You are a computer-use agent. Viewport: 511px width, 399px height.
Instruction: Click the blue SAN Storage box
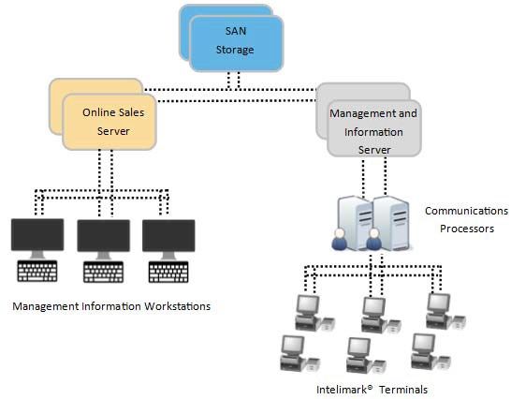236,44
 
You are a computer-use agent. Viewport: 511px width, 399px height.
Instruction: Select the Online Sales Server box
109,122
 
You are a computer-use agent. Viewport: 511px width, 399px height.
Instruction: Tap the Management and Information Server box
373,128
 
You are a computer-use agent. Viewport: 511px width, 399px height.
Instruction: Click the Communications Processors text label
466,219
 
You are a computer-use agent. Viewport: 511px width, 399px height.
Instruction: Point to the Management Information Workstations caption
111,306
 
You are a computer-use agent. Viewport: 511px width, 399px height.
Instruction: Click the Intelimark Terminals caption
372,390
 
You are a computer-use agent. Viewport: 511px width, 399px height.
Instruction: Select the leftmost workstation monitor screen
37,234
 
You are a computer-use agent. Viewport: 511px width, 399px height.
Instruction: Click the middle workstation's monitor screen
103,235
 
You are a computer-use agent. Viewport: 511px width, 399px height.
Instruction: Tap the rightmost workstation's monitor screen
168,235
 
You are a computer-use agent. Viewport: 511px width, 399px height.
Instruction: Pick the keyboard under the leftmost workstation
37,271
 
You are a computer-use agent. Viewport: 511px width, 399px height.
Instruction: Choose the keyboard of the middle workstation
103,272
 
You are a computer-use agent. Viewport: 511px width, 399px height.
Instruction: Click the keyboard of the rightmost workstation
168,272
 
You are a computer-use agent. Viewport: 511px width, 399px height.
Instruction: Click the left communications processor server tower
355,223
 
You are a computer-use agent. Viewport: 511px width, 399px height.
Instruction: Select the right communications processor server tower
391,223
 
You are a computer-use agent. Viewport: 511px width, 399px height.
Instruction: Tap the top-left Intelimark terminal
314,313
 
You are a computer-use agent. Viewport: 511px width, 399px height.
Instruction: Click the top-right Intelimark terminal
445,312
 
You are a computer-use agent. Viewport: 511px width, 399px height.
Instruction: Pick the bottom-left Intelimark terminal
299,354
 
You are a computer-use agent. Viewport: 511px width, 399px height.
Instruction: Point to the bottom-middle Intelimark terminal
366,355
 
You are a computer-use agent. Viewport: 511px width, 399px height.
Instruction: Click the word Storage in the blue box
235,50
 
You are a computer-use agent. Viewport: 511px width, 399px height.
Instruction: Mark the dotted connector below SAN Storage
234,81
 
